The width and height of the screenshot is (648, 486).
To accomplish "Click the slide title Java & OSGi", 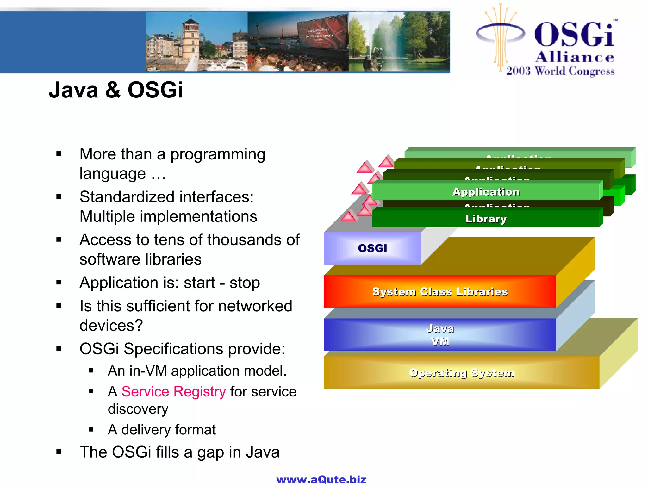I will (116, 90).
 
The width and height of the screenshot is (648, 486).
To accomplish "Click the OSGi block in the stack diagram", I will (372, 248).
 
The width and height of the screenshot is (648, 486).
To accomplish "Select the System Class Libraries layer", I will (440, 291).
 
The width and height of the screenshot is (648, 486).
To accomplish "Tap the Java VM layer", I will (440, 335).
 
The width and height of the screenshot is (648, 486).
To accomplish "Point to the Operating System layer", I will (461, 373).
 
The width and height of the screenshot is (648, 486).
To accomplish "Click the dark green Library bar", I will (486, 219).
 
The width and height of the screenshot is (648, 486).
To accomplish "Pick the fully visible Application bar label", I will (486, 192).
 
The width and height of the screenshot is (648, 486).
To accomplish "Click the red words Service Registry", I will (173, 392).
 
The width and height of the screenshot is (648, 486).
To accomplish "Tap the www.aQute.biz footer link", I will (321, 479).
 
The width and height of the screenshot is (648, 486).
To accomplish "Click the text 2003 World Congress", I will (560, 71).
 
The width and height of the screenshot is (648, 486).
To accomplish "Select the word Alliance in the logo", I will (575, 57).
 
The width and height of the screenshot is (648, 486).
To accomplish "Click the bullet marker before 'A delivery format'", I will (91, 430).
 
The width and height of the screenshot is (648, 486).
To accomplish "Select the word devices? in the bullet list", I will (111, 326).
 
